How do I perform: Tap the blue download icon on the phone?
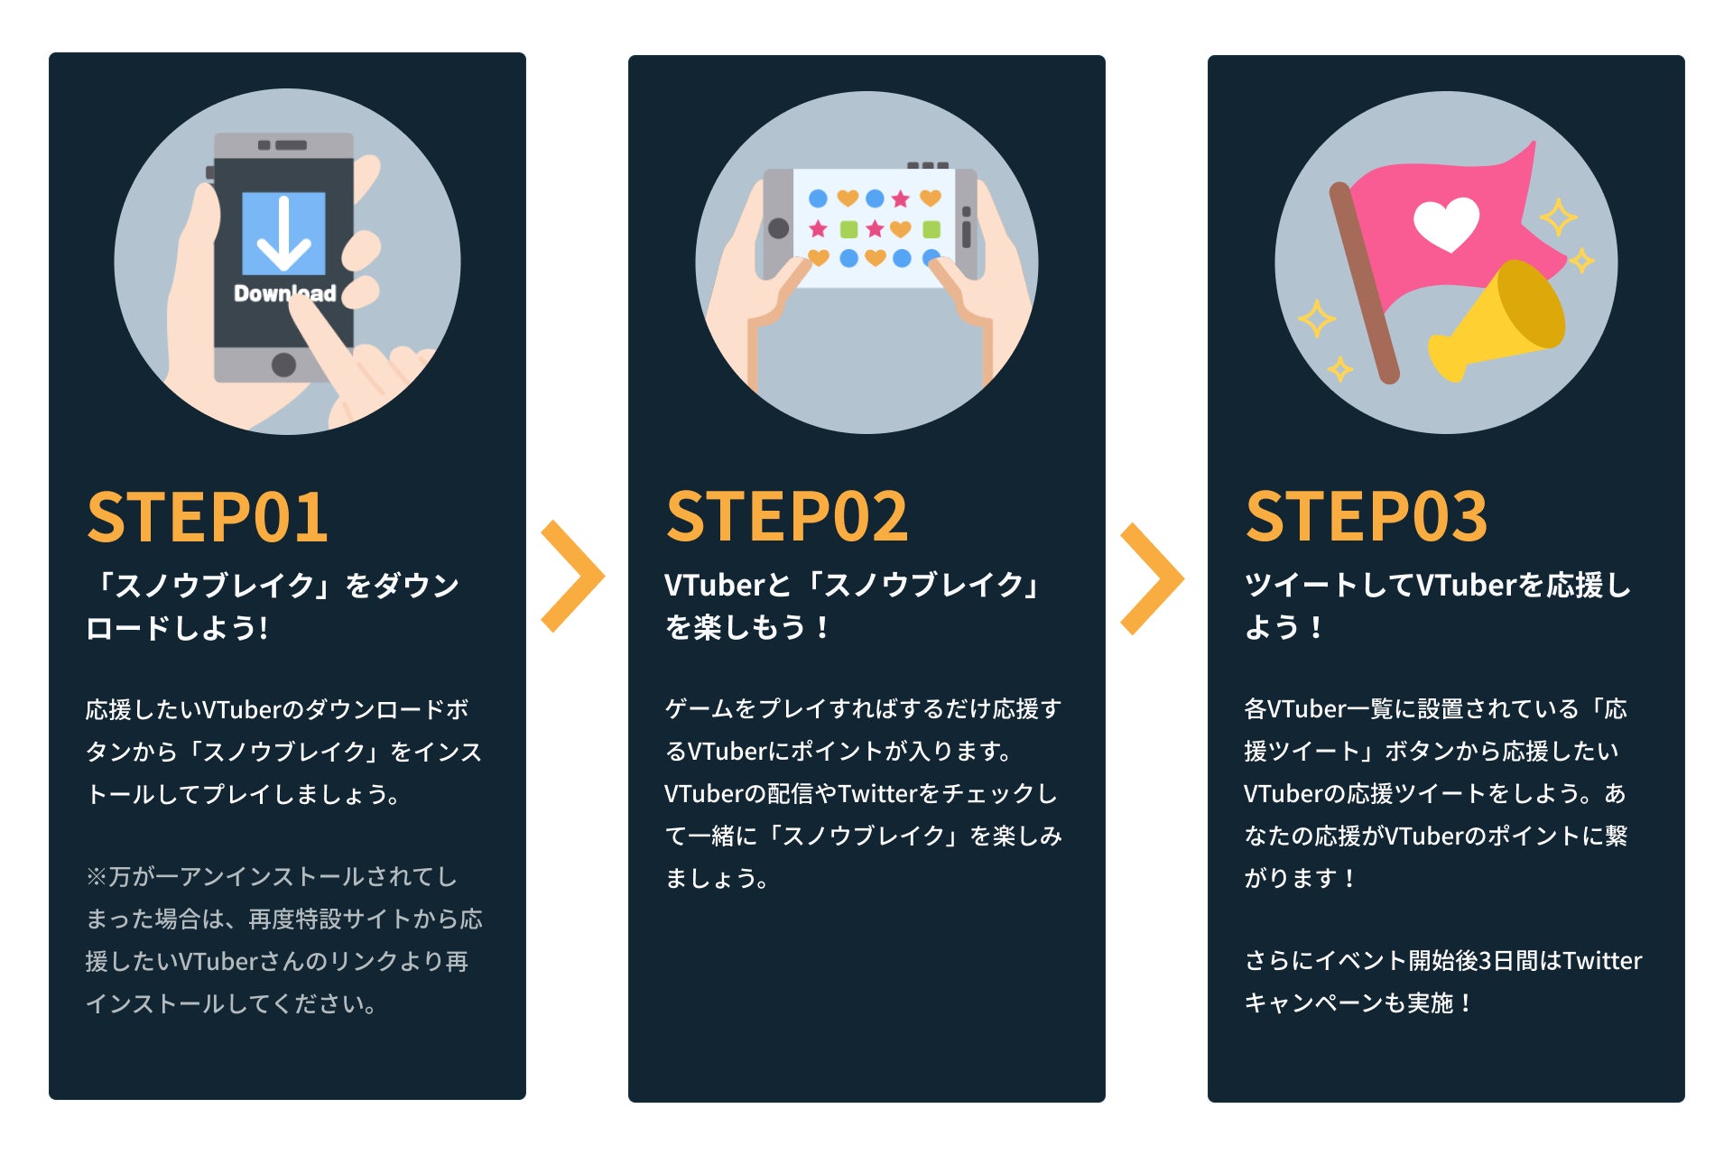tap(283, 233)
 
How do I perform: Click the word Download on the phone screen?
tap(283, 293)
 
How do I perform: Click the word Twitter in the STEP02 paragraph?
tap(876, 794)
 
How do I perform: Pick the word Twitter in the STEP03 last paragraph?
tap(1602, 961)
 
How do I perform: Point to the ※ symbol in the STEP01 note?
tap(97, 877)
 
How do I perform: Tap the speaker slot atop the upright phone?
tap(290, 145)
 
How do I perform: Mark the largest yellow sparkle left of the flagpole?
tap(1316, 319)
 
